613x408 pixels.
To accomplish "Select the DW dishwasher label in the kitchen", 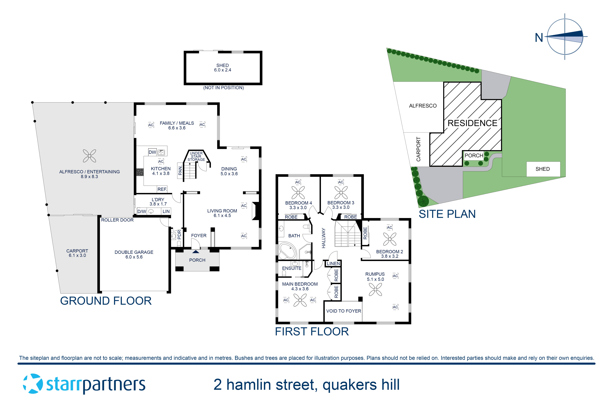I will point(152,152).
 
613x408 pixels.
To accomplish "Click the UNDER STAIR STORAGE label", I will point(196,156).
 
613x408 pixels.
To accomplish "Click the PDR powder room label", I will point(179,235).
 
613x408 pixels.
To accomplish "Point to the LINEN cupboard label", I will point(333,264).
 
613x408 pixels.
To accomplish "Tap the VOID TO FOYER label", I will point(343,311).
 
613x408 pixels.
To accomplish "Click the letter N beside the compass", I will point(539,38).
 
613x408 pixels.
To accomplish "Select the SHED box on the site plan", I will point(543,169).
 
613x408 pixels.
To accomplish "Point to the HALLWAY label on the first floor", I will point(323,238).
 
